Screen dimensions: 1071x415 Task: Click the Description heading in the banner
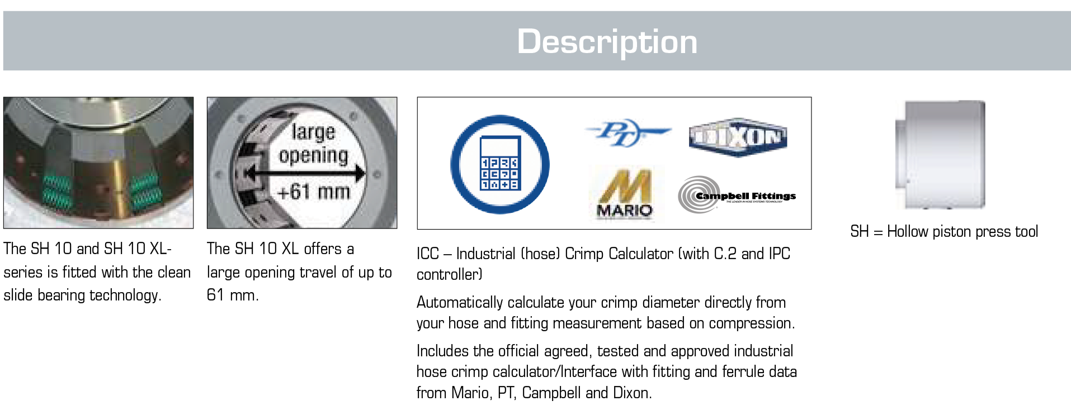tap(607, 42)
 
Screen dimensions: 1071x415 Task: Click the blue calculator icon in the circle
tap(500, 164)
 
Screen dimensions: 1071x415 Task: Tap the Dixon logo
tap(738, 137)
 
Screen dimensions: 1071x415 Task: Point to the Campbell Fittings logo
tap(737, 195)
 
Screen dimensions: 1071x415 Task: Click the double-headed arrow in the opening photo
tap(305, 174)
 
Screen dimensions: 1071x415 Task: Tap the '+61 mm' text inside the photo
tap(313, 192)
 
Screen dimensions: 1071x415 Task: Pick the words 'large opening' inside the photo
tap(313, 144)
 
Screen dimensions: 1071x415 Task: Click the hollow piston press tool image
tap(940, 155)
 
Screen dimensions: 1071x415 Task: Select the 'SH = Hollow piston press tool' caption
tap(944, 231)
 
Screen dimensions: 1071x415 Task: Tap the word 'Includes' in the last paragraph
tap(442, 351)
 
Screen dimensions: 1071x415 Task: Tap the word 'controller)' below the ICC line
tap(450, 274)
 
